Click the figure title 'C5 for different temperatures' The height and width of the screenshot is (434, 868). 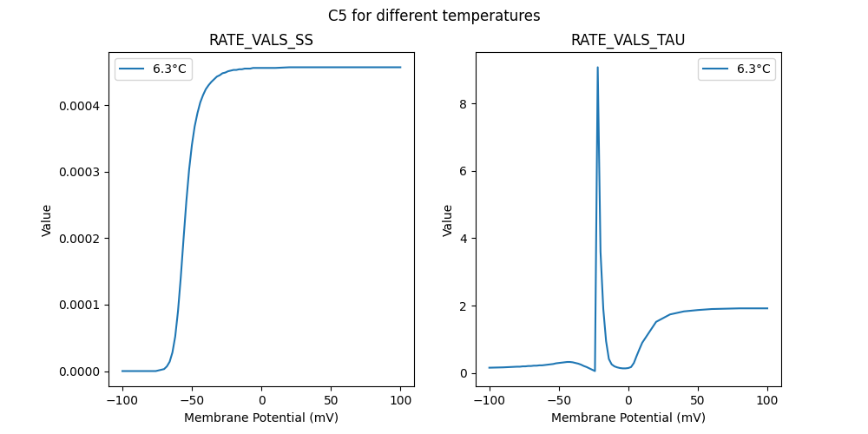434,16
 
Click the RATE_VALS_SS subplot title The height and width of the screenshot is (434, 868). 261,41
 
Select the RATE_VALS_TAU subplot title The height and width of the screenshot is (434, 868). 628,41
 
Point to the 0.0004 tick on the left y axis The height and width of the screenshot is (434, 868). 83,106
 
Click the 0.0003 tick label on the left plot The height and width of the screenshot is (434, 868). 83,172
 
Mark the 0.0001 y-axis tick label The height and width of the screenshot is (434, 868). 83,305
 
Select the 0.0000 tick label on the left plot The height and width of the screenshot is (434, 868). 83,372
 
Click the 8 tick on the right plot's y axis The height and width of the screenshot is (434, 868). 464,104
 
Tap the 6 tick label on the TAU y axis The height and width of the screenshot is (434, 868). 464,171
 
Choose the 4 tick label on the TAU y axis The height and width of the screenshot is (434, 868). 464,239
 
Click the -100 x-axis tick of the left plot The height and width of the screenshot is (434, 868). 122,400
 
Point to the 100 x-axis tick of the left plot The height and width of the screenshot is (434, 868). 401,400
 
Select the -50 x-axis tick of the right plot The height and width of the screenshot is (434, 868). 559,400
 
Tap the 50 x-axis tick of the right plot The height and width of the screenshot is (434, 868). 698,400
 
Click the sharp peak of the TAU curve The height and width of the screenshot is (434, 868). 597,68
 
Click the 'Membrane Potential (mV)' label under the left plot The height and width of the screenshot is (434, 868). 261,418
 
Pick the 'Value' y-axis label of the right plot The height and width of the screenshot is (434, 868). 448,220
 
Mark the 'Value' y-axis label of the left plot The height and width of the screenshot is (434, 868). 47,220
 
